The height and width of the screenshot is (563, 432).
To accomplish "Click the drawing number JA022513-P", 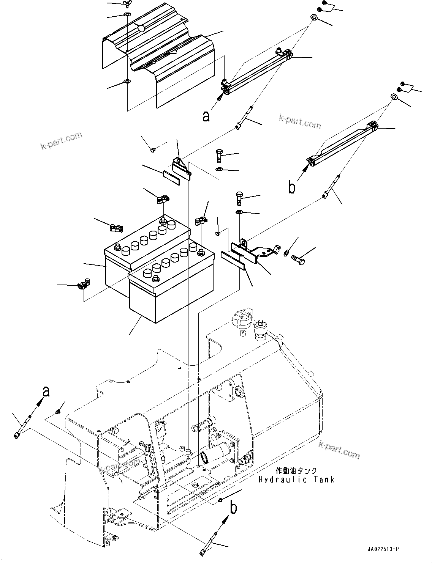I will point(383,549).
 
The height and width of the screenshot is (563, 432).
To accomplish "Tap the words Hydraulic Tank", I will point(296,480).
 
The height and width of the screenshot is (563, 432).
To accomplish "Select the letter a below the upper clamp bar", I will point(206,116).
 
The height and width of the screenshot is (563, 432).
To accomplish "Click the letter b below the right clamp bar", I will point(292,187).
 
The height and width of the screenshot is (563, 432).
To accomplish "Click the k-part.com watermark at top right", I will point(300,122).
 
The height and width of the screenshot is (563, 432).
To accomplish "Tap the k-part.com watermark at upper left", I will point(61,141).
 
